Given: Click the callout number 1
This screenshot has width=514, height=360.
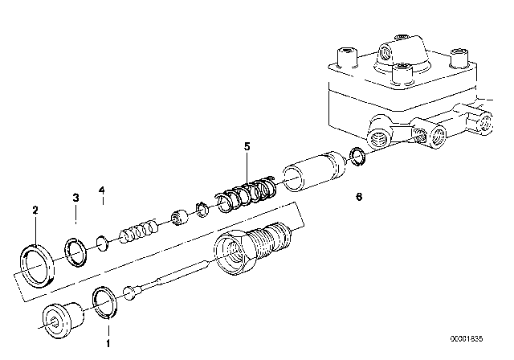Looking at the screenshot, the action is [108, 343].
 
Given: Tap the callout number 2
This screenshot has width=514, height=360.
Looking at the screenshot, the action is [35, 210].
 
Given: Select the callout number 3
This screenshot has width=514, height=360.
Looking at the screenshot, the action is [75, 198].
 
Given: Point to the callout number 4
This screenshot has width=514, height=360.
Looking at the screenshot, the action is [102, 190].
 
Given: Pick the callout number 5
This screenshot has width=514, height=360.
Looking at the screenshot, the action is [247, 146].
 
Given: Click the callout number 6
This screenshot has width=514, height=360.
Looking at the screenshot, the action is [359, 197].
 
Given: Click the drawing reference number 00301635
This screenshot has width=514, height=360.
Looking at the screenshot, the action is [467, 338].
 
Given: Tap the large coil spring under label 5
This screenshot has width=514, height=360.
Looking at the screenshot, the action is [246, 194].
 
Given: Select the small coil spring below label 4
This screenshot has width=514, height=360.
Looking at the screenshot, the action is [138, 231].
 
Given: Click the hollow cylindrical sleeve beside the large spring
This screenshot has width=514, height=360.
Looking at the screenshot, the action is [314, 171].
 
